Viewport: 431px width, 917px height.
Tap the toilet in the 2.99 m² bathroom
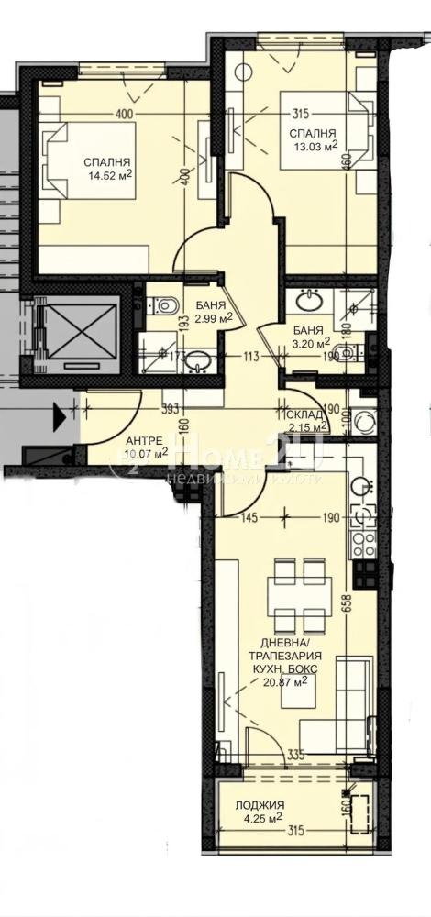[x=166, y=303]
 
